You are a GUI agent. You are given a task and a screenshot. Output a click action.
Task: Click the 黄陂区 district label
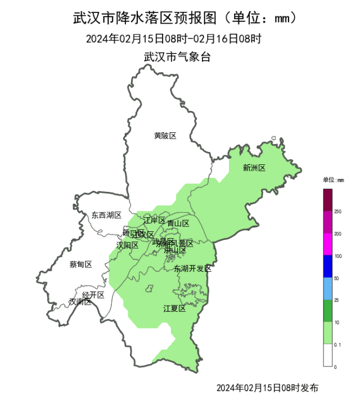165,136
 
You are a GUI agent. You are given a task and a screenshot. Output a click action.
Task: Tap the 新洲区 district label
254,168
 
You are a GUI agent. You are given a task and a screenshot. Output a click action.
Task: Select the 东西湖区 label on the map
106,215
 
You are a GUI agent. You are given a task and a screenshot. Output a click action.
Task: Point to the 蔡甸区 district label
80,264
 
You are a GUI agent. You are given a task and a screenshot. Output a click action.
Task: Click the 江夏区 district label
174,308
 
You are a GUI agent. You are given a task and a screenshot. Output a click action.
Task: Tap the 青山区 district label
178,223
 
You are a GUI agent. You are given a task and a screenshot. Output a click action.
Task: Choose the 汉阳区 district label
127,245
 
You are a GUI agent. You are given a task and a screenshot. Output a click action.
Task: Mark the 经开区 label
93,295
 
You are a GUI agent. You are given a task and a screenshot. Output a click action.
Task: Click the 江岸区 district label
154,220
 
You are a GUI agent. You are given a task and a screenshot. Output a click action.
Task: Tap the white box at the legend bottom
327,355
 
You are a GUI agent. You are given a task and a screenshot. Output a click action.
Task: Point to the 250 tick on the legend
338,212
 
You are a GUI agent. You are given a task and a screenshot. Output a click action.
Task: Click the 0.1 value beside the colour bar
337,344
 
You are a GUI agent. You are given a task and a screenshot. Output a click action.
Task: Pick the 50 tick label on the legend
337,279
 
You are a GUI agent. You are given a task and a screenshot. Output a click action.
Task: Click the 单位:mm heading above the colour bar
333,180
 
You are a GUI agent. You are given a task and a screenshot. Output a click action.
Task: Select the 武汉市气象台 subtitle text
177,57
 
